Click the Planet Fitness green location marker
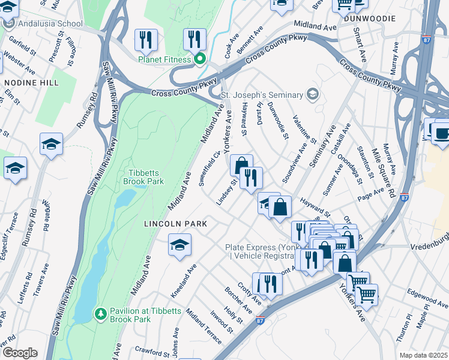tap(200, 59)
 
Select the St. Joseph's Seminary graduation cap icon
tap(312, 94)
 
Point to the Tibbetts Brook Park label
tap(143, 175)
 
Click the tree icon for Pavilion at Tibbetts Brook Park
tap(101, 313)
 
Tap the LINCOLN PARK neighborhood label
tap(175, 224)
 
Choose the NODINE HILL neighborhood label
tap(29, 82)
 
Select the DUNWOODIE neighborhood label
tap(370, 19)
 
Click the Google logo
tap(19, 352)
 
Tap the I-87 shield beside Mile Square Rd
tap(405, 197)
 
